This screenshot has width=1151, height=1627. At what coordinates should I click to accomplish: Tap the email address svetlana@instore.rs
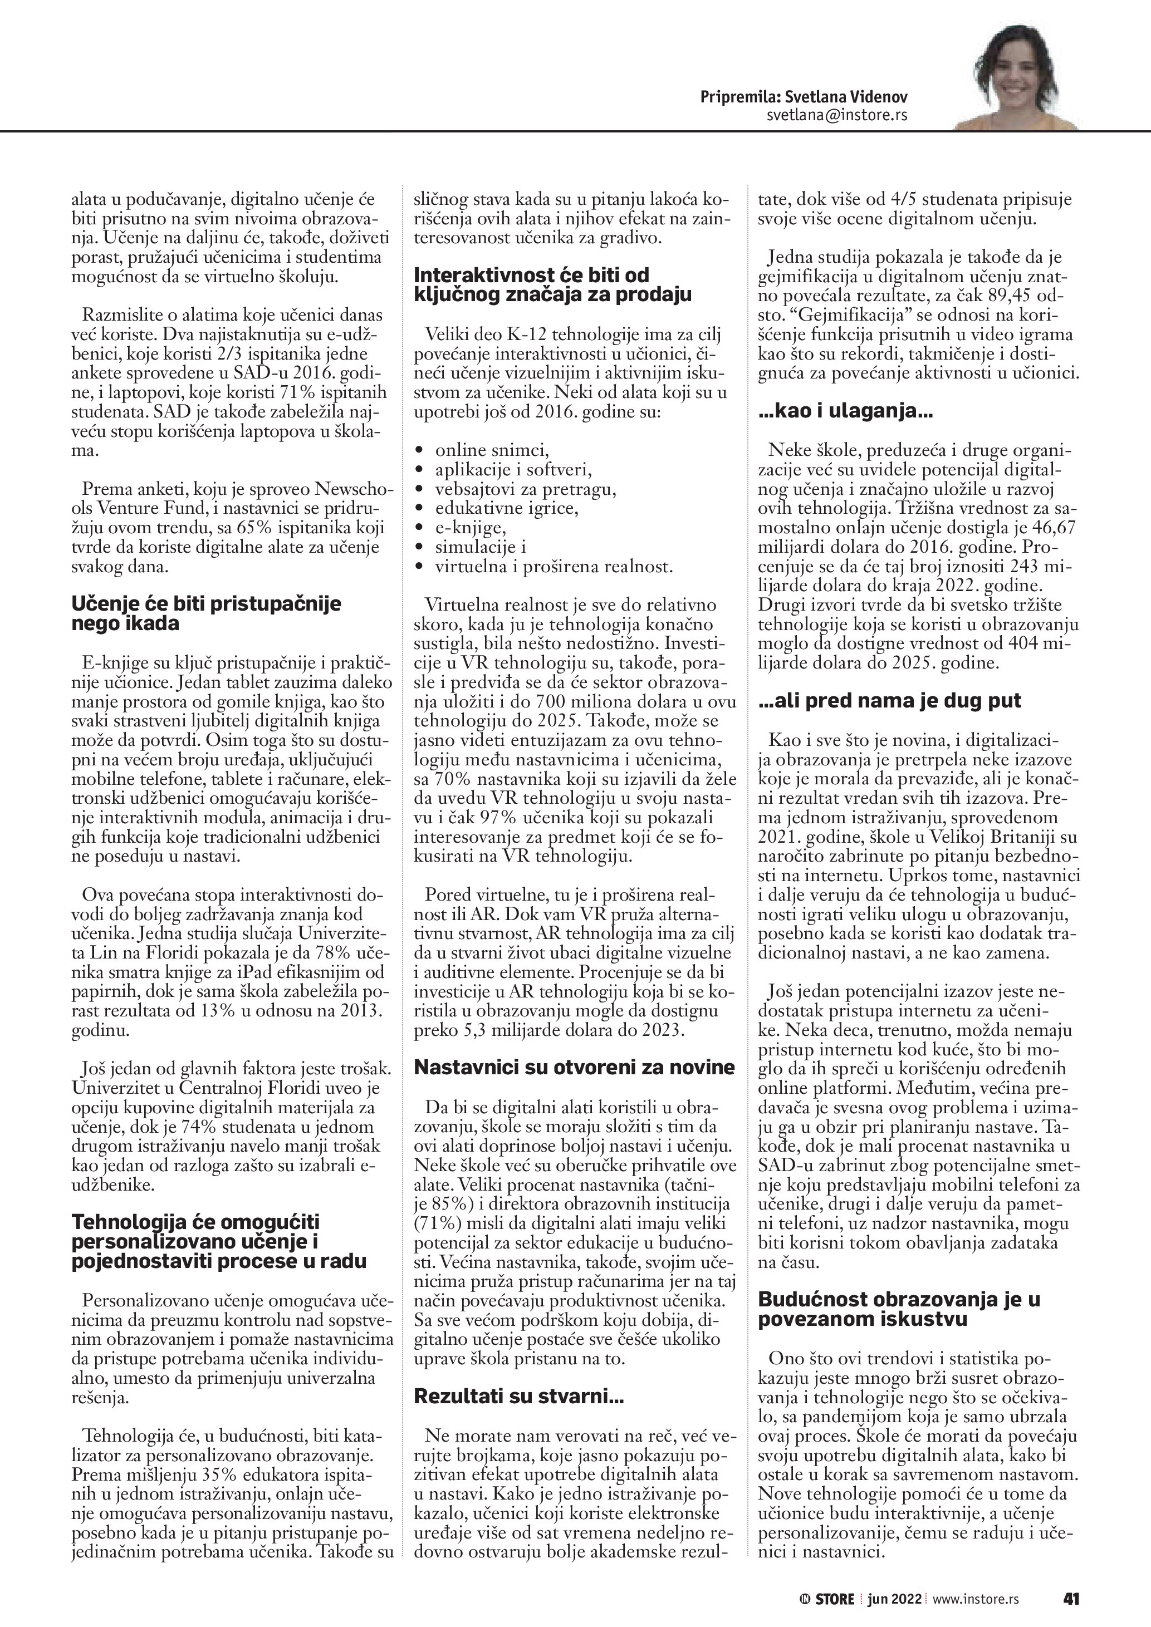[x=836, y=115]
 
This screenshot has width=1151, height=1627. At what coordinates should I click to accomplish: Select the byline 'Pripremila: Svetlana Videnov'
[x=803, y=96]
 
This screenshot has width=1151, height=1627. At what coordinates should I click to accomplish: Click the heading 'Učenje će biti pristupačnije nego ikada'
[x=206, y=613]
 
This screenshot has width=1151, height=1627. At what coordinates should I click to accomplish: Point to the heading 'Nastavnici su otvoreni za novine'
[x=574, y=1067]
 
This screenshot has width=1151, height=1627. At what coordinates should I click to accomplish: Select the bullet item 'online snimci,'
[x=493, y=449]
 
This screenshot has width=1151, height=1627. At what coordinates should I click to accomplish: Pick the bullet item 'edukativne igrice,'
[x=507, y=508]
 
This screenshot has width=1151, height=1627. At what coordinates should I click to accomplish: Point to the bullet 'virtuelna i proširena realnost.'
[x=554, y=566]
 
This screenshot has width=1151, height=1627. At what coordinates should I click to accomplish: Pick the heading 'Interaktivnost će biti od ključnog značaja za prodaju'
[x=553, y=284]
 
